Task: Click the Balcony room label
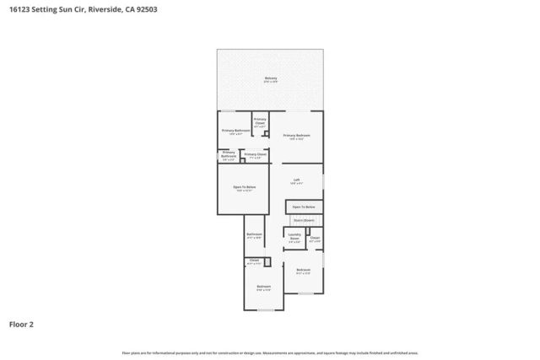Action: point(270,78)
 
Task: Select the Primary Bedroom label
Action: point(296,136)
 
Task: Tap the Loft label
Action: point(296,180)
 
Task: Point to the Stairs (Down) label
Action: point(304,220)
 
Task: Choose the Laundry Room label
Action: point(294,237)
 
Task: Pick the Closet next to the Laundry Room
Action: point(315,239)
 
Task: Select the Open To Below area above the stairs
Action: point(304,207)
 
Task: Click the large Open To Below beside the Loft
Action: point(244,188)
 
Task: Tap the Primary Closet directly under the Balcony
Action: point(260,121)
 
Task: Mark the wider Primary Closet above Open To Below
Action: point(255,155)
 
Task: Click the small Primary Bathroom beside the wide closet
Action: point(229,156)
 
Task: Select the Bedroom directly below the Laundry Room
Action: point(304,271)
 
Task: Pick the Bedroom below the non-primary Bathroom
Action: point(263,287)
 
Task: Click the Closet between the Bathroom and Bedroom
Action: point(254,261)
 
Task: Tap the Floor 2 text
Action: point(21,323)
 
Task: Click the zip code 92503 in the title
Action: point(144,10)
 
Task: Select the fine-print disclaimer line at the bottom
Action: point(270,352)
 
